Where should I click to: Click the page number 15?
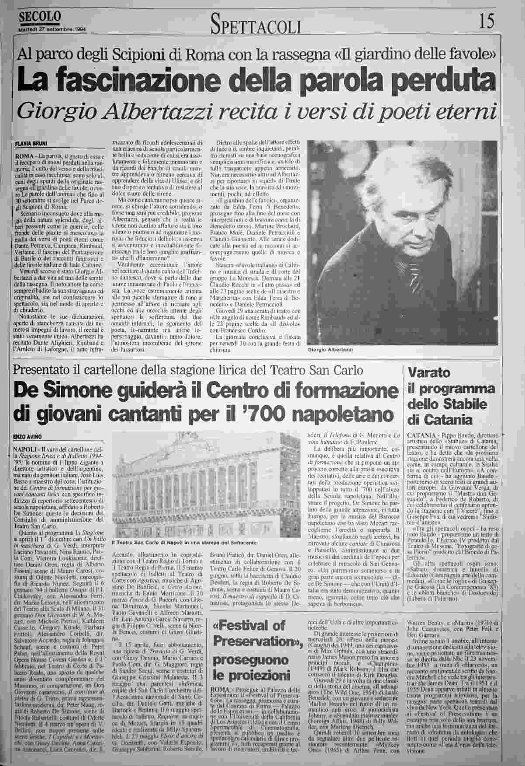485,21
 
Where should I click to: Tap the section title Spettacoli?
256,25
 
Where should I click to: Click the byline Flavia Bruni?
31,144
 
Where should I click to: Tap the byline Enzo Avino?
29,436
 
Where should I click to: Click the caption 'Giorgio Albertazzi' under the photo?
330,350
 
